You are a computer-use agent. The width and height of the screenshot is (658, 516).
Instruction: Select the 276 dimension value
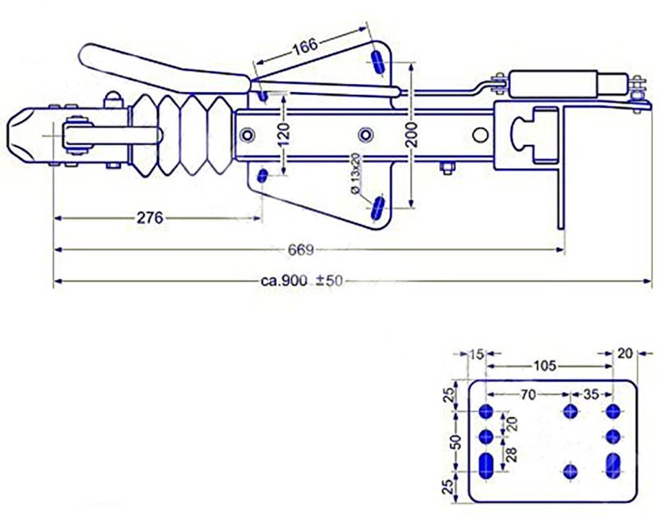coord(150,217)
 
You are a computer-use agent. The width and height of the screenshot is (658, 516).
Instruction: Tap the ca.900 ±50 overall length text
coord(301,281)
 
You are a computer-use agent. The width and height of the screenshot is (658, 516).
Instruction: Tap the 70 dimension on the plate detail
coord(528,393)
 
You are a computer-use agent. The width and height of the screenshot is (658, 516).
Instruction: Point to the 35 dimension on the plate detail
coord(591,393)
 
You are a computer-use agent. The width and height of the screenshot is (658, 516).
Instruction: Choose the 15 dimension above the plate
coord(478,354)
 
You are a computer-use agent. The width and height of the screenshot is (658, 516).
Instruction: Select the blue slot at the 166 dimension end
coord(377,62)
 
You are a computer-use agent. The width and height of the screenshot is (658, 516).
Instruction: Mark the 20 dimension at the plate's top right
coord(623,354)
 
